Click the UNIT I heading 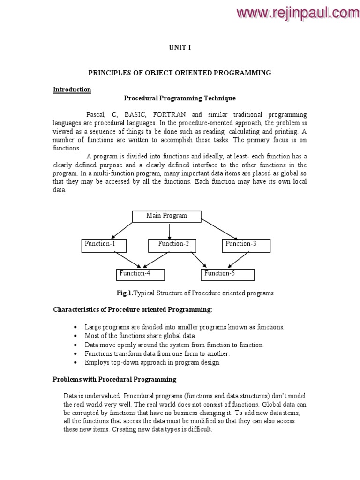[x=180, y=47]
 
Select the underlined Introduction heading [x=72, y=90]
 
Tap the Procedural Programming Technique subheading [x=180, y=98]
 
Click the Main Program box [x=166, y=216]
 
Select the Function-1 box [x=104, y=245]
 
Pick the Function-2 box [x=172, y=245]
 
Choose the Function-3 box [x=246, y=245]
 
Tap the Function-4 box [x=140, y=274]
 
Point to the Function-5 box [x=228, y=274]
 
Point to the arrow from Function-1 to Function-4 [x=127, y=260]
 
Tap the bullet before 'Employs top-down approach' [x=76, y=363]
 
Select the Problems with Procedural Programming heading [x=114, y=379]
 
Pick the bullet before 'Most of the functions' [x=76, y=336]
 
